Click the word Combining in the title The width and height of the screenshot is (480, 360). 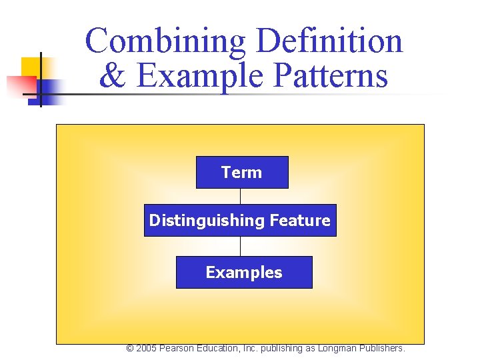pos(167,41)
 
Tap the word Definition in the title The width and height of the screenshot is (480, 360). pos(329,41)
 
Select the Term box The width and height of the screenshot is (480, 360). pos(242,173)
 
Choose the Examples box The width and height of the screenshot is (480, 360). pos(244,273)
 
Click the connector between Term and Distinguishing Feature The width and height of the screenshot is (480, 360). pos(240,196)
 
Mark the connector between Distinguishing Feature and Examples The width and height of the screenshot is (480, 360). pos(240,246)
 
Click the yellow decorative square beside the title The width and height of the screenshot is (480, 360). pos(30,67)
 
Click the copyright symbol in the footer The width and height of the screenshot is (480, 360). pos(130,349)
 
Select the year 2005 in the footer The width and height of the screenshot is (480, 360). pos(147,349)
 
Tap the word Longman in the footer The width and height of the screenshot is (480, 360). pos(337,349)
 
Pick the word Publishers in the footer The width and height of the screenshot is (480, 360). pos(382,349)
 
